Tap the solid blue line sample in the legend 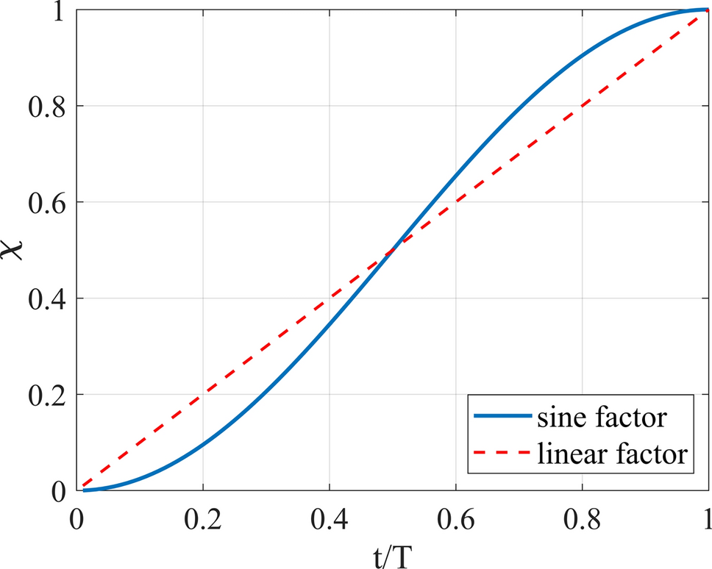[x=502, y=417]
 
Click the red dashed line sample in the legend [x=502, y=455]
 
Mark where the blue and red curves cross [x=392, y=250]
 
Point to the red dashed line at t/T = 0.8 [x=582, y=106]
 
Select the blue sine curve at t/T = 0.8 [x=582, y=55]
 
